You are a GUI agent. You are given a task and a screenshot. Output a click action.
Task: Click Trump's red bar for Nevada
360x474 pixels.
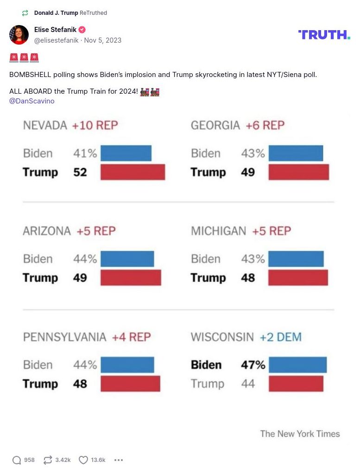click(133, 172)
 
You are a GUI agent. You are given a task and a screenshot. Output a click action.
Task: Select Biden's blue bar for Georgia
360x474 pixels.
click(296, 153)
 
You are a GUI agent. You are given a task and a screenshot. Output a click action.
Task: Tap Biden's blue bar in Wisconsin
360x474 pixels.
click(297, 365)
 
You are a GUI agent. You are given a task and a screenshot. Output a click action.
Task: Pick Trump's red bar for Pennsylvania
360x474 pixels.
click(130, 384)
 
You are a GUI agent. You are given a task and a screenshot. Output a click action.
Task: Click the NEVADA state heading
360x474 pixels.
click(45, 125)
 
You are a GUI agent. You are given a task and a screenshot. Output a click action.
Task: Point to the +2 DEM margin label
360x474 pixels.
click(280, 337)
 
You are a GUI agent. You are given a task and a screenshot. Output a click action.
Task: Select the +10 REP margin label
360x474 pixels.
click(95, 125)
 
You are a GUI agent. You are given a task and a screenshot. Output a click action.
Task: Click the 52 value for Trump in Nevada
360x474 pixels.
click(80, 172)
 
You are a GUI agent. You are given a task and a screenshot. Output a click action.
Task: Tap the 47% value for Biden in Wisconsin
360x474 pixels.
click(253, 365)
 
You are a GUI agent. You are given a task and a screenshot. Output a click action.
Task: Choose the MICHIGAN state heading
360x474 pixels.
click(218, 231)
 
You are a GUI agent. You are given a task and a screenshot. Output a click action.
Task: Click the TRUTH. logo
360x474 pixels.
click(324, 35)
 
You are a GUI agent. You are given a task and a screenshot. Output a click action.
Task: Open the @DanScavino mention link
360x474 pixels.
click(32, 101)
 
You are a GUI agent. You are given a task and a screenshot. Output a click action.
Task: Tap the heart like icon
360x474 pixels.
click(83, 460)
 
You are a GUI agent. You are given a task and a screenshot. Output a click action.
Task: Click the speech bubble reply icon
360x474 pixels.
click(17, 460)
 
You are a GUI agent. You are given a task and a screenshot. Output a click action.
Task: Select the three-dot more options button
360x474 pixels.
click(119, 460)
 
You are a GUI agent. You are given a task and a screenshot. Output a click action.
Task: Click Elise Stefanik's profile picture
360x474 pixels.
click(19, 35)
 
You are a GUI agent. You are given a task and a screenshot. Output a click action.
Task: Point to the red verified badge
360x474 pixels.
click(82, 30)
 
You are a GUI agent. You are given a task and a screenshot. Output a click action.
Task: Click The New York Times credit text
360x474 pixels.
click(300, 434)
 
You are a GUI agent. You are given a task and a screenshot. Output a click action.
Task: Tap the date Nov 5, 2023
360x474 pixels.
click(102, 40)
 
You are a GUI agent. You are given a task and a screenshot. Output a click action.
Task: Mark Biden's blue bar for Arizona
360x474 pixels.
click(127, 259)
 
